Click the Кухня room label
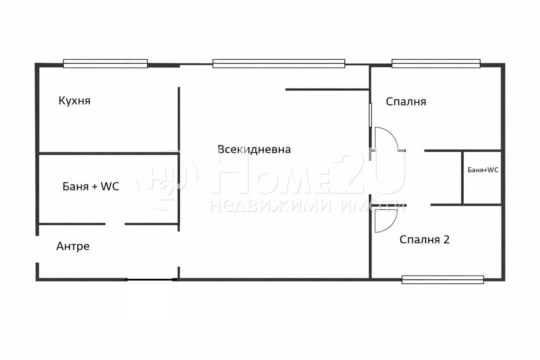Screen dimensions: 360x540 (x=74, y=100)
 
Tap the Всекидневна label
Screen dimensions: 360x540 (x=254, y=149)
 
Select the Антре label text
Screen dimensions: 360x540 (x=73, y=246)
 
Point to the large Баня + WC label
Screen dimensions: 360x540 (x=90, y=186)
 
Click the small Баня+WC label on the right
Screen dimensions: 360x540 (x=483, y=170)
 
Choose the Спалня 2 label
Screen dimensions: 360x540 (x=424, y=239)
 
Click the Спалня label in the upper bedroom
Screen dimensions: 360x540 (x=406, y=102)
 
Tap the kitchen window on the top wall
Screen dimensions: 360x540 (x=105, y=64)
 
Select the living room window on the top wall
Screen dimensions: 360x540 (x=279, y=64)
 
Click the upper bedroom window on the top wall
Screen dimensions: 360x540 (x=436, y=64)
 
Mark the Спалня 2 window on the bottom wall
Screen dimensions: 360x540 (x=442, y=280)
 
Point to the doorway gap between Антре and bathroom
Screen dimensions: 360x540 (x=115, y=224)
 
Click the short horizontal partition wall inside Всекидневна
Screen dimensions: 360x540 (x=327, y=89)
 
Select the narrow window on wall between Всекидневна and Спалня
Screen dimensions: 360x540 (x=370, y=115)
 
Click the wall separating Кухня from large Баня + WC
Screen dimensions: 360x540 (x=108, y=154)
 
